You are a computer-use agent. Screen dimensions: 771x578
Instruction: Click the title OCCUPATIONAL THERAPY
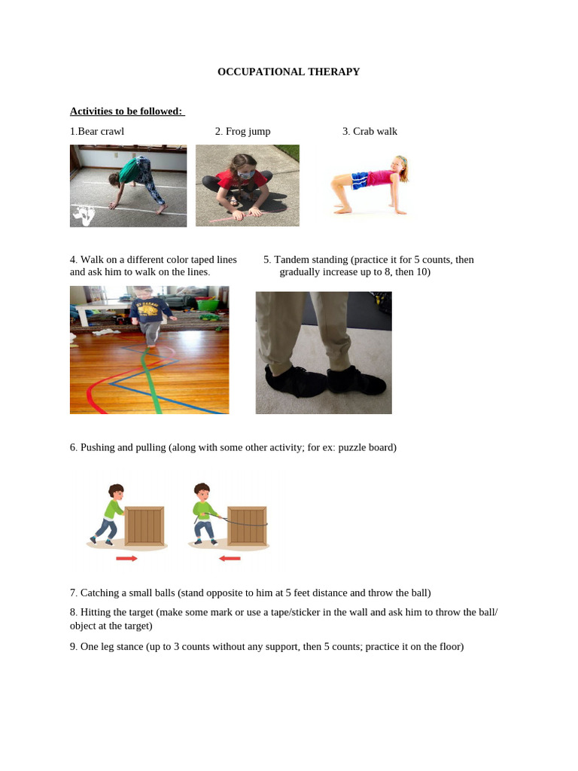[x=288, y=72]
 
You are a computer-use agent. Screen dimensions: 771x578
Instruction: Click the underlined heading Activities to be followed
[x=126, y=111]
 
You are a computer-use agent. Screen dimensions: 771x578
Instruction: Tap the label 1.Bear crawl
[x=97, y=132]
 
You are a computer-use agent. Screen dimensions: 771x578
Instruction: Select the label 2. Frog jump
[x=242, y=132]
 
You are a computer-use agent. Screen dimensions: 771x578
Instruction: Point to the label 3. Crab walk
[x=370, y=132]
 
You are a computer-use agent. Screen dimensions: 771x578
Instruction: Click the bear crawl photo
[x=128, y=186]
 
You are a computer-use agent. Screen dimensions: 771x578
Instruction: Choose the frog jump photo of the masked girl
[x=247, y=185]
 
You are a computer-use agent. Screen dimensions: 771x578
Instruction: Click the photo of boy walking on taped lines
[x=149, y=349]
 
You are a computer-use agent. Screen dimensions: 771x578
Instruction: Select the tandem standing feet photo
[x=323, y=352]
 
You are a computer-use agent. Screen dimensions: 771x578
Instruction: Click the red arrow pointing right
[x=127, y=559]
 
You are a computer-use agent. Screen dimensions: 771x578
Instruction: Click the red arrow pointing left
[x=230, y=559]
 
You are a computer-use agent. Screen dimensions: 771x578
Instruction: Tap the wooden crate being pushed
[x=144, y=525]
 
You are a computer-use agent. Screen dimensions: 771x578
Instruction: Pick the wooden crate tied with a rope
[x=247, y=525]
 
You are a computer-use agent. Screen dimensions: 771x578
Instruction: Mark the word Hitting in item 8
[x=96, y=612]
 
